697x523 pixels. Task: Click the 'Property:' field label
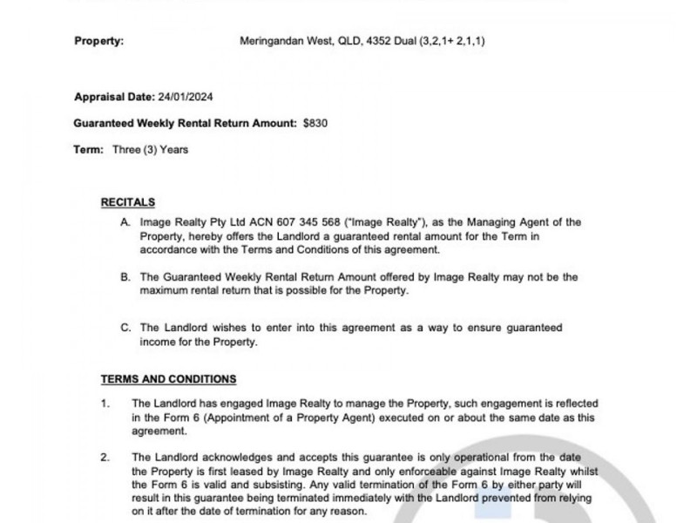coord(98,40)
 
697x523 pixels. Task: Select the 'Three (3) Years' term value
coord(150,149)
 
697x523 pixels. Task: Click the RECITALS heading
coord(128,201)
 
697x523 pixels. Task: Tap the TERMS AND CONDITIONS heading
coord(168,379)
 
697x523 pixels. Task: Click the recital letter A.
coord(126,223)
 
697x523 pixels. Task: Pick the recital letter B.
coord(126,276)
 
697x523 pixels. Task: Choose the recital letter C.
coord(126,328)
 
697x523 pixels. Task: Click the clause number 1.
coord(105,404)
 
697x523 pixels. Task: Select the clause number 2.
coord(105,456)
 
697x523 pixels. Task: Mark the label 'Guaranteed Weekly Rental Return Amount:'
coord(186,123)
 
